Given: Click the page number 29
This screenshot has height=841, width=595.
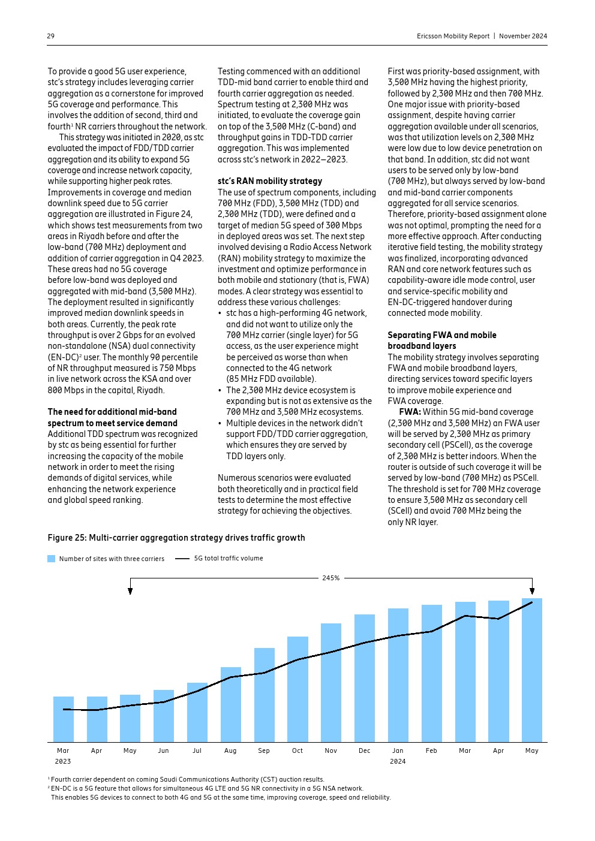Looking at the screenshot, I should [x=51, y=36].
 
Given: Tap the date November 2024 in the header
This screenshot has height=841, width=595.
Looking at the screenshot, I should [x=523, y=36].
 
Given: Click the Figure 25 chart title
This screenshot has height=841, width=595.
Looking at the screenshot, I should [x=176, y=538].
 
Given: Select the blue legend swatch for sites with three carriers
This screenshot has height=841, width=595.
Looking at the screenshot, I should [x=52, y=559].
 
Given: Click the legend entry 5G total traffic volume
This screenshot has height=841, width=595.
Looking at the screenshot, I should [x=228, y=558].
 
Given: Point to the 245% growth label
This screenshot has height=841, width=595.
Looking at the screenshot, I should [x=331, y=578].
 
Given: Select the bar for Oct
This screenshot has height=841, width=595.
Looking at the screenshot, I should [x=297, y=689].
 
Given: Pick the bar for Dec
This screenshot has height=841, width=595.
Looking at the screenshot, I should [x=365, y=678].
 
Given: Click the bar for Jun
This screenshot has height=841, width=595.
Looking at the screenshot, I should [x=164, y=716].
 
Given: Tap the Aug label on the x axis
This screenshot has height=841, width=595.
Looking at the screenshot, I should [x=230, y=750].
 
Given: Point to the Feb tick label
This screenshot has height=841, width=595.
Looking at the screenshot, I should [x=431, y=750].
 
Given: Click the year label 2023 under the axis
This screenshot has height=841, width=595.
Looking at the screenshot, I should [x=63, y=761].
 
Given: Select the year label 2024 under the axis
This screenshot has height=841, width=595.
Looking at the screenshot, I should [x=398, y=761].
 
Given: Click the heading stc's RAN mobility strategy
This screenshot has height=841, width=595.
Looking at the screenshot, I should [x=270, y=181].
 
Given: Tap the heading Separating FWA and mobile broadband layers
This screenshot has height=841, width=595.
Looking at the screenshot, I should [x=442, y=340].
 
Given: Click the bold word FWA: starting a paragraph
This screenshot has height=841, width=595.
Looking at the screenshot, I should [x=410, y=412].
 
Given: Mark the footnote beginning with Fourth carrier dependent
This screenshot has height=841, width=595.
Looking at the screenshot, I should [x=187, y=779].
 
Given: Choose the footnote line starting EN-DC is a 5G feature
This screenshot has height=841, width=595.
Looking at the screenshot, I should [x=207, y=788].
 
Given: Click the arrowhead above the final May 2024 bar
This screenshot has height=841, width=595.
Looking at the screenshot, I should [x=532, y=591].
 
